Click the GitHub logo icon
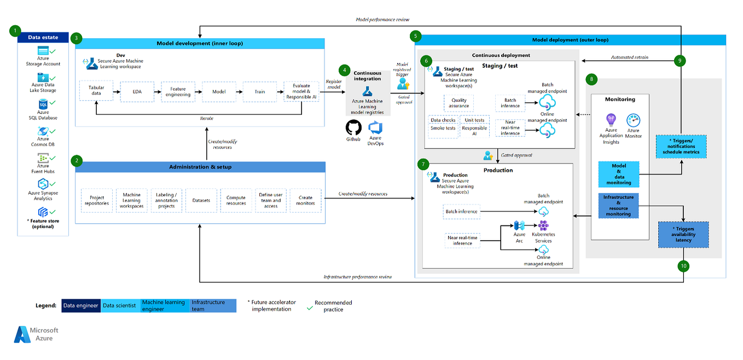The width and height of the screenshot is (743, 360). coord(354,127)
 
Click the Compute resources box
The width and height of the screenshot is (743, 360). coord(236,200)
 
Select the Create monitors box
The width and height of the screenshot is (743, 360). coord(305,200)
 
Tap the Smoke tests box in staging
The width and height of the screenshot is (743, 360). coord(442,128)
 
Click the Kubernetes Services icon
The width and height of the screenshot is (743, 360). coord(543,225)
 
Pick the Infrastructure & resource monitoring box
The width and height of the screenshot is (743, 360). coord(618,205)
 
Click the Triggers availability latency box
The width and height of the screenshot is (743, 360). coord(683,234)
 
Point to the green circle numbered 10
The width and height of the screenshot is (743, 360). coord(683,266)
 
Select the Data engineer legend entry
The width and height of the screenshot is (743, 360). coord(80,305)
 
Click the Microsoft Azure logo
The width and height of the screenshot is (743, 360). coord(36,334)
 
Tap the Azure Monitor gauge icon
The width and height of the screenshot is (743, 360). coord(634,121)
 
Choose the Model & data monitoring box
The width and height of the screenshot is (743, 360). coord(618,174)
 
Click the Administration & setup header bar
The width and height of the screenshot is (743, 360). coord(200,167)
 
